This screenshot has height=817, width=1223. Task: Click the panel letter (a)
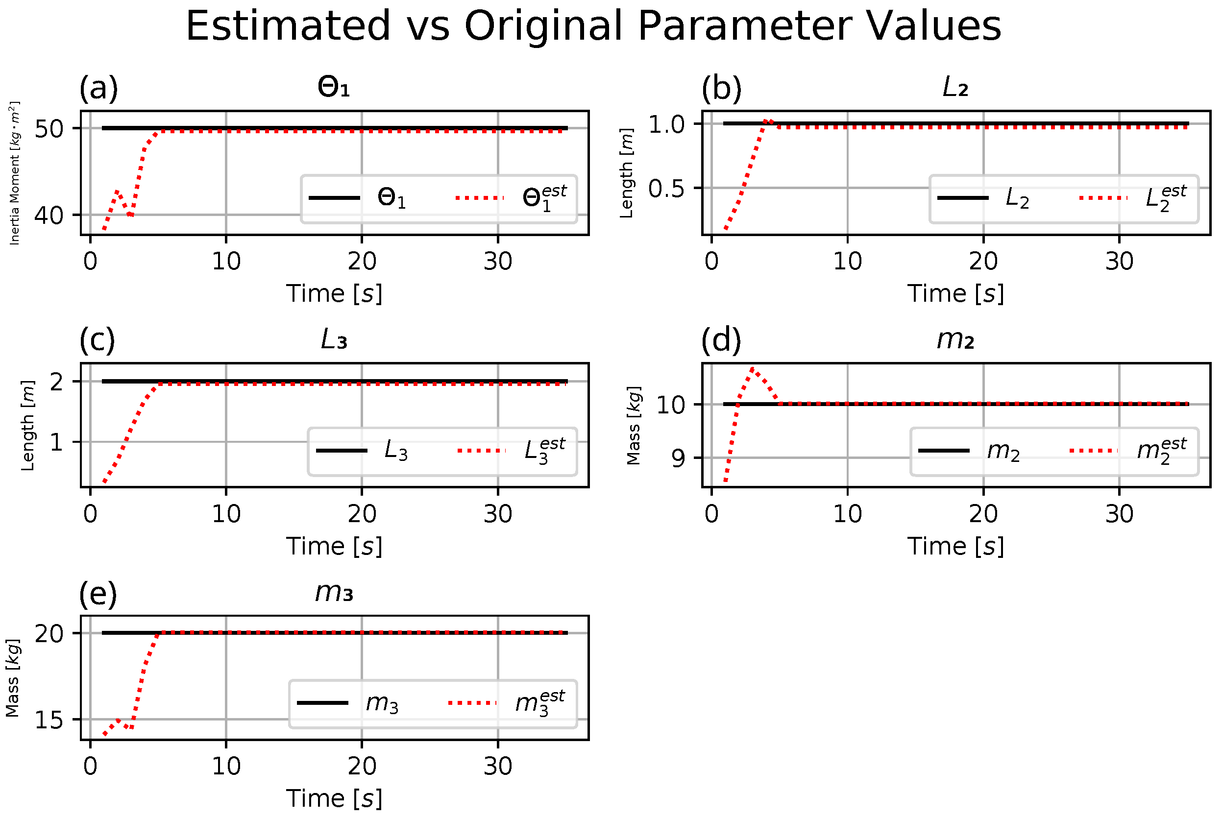point(98,88)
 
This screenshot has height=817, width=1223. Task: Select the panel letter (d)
point(721,341)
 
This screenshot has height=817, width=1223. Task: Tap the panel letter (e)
point(98,594)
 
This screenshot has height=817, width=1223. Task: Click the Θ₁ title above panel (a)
point(334,87)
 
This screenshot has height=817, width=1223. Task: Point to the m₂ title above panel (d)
point(954,340)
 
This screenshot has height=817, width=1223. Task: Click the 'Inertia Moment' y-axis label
point(15,173)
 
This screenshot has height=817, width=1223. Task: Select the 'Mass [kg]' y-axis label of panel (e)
point(13,678)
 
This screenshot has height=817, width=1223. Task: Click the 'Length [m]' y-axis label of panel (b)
point(626,173)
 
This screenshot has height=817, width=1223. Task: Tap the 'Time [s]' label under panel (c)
point(334,546)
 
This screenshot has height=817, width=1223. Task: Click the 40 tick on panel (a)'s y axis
point(49,216)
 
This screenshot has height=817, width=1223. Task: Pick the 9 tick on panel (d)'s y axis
point(678,458)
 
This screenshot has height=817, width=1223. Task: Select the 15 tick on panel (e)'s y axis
point(49,720)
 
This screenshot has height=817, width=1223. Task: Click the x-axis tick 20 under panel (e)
point(362,767)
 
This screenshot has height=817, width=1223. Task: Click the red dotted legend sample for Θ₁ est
point(479,198)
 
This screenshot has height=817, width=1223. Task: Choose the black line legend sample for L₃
point(342,451)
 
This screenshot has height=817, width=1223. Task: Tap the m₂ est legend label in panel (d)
point(1161,450)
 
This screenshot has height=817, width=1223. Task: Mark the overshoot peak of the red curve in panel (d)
point(753,369)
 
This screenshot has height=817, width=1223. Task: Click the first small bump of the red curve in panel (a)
point(117,192)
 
